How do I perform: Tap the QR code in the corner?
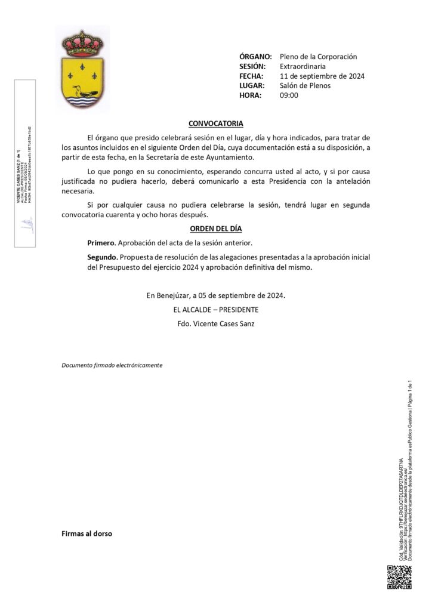[400, 577]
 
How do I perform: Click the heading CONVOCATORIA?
[215, 124]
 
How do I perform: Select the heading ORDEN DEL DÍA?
[215, 229]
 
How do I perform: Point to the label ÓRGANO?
[255, 57]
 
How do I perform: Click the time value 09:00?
[289, 95]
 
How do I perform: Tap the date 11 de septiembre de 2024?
[322, 76]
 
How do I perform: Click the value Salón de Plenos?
[305, 85]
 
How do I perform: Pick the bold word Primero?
[101, 243]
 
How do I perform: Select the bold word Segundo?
[102, 257]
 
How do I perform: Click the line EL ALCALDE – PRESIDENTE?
[215, 310]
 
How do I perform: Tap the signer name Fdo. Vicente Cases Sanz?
[215, 324]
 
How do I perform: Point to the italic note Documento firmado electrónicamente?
[112, 365]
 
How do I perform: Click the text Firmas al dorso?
[87, 533]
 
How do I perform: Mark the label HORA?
[250, 95]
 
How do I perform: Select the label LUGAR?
[252, 85]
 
